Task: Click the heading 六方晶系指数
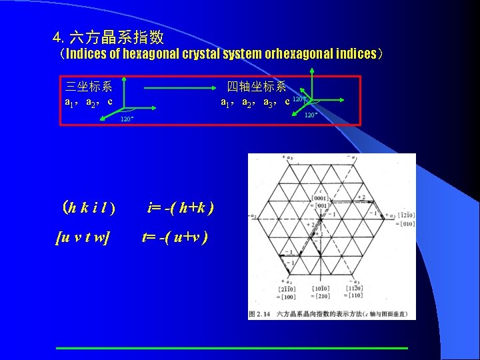click(x=117, y=37)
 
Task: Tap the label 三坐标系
click(x=89, y=86)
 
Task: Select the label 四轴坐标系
click(x=257, y=86)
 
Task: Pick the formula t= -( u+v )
click(x=175, y=237)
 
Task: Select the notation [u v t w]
click(x=83, y=237)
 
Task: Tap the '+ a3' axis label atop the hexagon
click(x=289, y=157)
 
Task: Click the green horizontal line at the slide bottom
click(x=231, y=348)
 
